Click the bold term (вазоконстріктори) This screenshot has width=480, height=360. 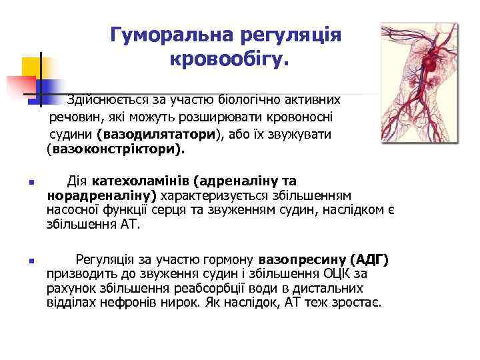point(115,150)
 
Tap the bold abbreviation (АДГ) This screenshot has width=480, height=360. point(369,259)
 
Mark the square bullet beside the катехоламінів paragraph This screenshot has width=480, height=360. point(23,182)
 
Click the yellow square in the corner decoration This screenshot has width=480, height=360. point(31,67)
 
